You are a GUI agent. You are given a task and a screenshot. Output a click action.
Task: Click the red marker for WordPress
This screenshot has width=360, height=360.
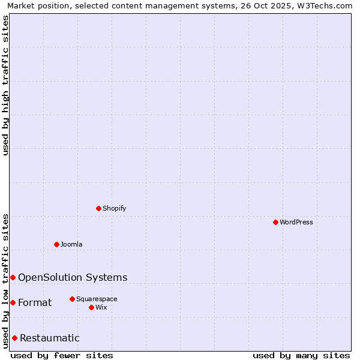[275, 222]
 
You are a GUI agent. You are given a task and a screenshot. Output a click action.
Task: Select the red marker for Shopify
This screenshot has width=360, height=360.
[98, 208]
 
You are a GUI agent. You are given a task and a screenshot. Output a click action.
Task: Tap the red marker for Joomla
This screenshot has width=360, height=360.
[56, 244]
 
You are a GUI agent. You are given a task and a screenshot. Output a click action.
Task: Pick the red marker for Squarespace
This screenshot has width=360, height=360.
[72, 299]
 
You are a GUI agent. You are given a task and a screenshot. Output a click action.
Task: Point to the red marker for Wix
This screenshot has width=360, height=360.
[91, 307]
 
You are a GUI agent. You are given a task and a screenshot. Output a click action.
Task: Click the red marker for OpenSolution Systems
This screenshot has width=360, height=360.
[13, 277]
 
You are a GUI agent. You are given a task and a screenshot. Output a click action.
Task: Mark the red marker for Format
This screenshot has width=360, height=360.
[13, 302]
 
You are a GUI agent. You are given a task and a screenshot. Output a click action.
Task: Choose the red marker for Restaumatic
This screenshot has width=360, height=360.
[14, 338]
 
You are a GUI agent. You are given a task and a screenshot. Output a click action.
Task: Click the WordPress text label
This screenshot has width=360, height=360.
[296, 222]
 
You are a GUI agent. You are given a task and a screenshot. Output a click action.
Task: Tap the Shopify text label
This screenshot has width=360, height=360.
[115, 208]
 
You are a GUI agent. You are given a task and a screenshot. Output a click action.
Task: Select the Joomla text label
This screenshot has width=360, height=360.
[71, 244]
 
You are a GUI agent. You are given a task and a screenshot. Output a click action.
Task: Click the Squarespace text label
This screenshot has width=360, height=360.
[97, 299]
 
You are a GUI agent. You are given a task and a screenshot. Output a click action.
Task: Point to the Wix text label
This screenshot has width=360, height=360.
[101, 307]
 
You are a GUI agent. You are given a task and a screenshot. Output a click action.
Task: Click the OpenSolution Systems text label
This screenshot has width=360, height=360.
[73, 277]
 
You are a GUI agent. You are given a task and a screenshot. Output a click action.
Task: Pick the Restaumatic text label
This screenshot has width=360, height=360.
[50, 338]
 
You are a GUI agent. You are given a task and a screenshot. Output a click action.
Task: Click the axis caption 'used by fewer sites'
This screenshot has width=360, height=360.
[62, 355]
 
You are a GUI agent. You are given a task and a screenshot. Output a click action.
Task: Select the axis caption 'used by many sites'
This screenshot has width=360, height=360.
[301, 355]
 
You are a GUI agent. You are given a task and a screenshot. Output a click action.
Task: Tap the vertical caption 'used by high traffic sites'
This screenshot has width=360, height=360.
[6, 85]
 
